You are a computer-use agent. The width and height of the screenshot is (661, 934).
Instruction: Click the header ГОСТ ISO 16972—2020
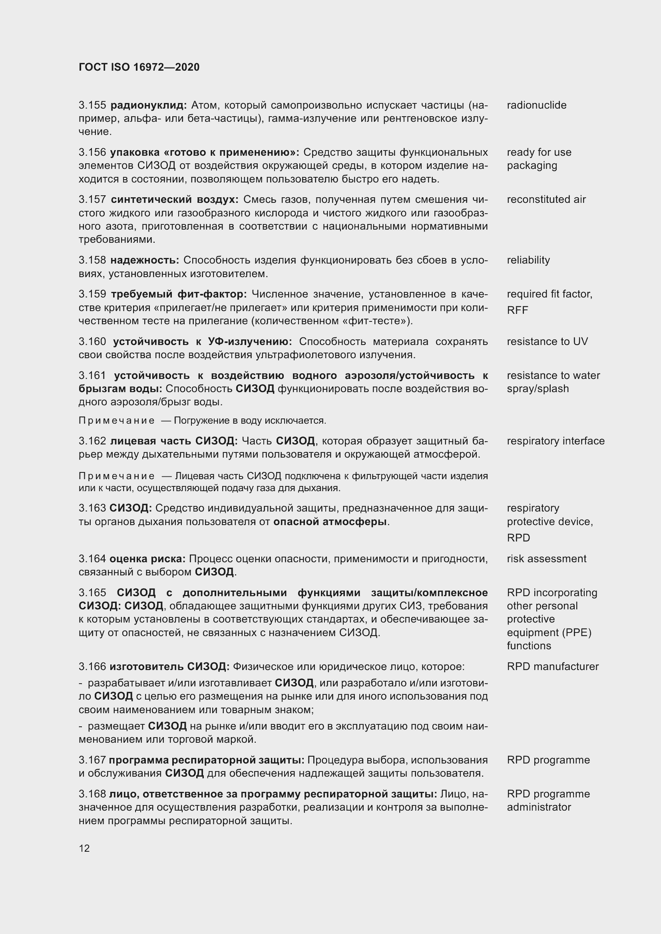[x=139, y=67]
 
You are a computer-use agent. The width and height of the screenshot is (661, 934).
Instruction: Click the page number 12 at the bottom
[x=84, y=848]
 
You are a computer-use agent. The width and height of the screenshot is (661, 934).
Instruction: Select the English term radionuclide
[x=536, y=105]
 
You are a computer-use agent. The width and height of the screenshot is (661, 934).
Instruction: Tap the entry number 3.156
[x=92, y=152]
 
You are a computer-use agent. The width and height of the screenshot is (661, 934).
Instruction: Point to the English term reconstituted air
[x=546, y=199]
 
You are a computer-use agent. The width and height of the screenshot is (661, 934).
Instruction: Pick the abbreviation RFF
[x=517, y=310]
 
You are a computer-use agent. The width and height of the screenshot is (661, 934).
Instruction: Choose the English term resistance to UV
[x=547, y=341]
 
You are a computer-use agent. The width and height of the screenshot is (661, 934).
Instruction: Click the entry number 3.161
[x=92, y=375]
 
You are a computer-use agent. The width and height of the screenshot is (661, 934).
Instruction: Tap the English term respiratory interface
[x=555, y=441]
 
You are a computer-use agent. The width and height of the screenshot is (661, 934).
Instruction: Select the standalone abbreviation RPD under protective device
[x=518, y=538]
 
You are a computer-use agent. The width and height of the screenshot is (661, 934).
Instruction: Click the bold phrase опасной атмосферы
[x=330, y=522]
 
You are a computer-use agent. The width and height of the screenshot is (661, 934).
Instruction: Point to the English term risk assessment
[x=546, y=559]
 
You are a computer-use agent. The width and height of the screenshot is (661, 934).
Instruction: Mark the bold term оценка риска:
[x=147, y=559]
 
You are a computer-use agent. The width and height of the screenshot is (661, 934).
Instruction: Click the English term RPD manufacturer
[x=552, y=666]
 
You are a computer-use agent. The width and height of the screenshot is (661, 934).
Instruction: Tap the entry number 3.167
[x=92, y=760]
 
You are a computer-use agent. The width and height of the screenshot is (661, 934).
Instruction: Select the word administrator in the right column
[x=538, y=807]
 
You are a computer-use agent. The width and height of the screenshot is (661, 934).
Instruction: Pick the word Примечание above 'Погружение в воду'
[x=116, y=420]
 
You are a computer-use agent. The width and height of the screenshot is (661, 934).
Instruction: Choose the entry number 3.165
[x=92, y=593]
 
